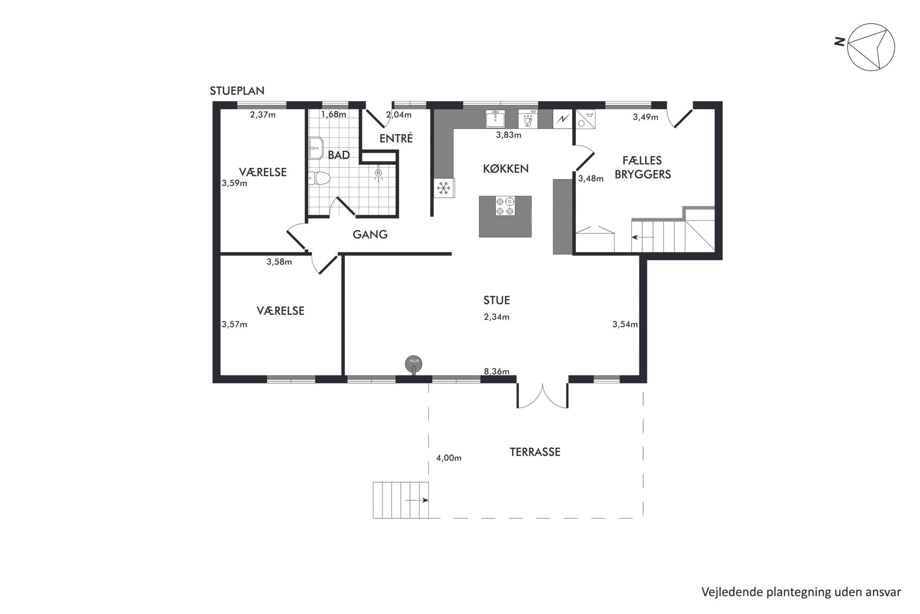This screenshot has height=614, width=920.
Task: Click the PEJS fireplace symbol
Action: [414, 364]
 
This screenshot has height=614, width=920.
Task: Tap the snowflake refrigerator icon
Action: [444, 188]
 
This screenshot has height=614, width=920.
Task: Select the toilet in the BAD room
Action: [319, 178]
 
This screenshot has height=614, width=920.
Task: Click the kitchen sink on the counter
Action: [496, 118]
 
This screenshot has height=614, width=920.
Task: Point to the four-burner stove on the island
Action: [505, 206]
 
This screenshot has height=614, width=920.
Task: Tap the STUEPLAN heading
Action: [237, 91]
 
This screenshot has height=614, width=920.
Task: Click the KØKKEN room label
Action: [505, 168]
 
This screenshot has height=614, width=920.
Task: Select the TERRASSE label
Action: [535, 452]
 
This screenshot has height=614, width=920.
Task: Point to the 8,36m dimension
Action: [496, 371]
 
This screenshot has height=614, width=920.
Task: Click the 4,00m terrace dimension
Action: [448, 458]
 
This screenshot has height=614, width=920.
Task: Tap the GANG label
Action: [370, 234]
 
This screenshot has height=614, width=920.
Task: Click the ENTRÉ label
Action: [396, 138]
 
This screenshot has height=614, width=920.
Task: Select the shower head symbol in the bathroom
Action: [379, 173]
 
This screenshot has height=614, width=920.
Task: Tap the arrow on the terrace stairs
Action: [416, 500]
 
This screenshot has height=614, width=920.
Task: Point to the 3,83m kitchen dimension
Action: [508, 135]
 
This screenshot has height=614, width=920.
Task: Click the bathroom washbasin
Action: [316, 148]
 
